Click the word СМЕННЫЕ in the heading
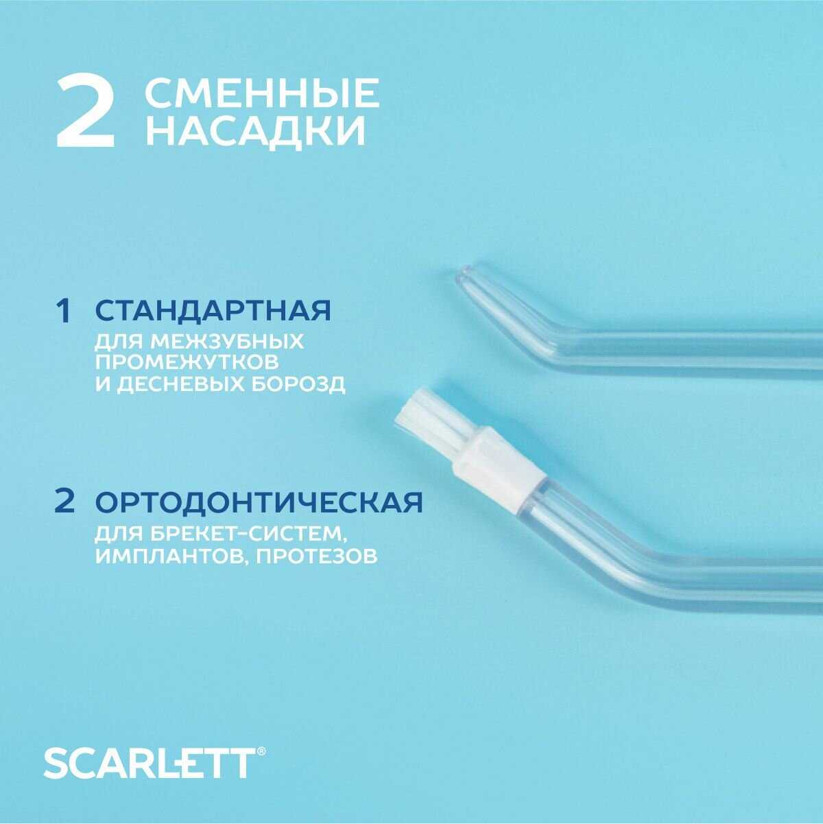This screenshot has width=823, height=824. coord(262,93)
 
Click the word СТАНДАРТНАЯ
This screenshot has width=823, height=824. coord(213,311)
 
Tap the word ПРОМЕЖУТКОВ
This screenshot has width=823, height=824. coord(187,362)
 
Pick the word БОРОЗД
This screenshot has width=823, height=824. coord(291,384)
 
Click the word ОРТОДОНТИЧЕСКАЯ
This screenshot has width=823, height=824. coord(259,502)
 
